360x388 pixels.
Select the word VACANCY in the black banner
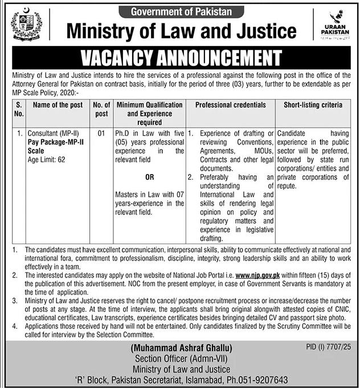[x=128, y=58]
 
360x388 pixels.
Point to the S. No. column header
[x=19, y=109]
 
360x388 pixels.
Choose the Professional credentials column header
[x=231, y=105]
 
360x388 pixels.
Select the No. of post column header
[x=101, y=109]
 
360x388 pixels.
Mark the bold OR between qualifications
[x=149, y=176]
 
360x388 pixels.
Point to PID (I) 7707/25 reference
[x=328, y=346]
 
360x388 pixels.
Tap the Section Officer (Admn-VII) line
[x=180, y=358]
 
